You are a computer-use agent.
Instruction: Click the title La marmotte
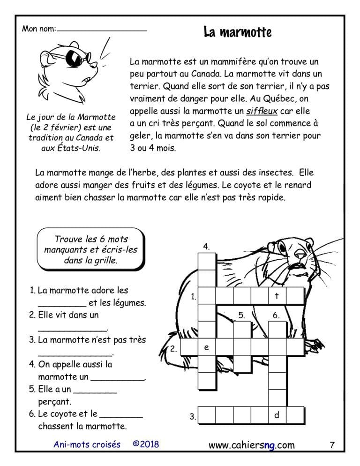[x=238, y=32]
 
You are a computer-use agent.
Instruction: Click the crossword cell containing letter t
[x=277, y=296]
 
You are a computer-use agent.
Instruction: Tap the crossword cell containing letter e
[x=206, y=347]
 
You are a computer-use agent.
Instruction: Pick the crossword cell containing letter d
[x=277, y=415]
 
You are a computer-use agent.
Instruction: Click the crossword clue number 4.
[x=206, y=246]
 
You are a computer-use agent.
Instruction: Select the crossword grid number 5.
[x=241, y=315]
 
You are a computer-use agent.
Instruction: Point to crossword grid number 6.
[x=276, y=315]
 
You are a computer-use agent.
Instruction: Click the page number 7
[x=332, y=445]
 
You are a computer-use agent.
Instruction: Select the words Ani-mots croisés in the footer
[x=87, y=444]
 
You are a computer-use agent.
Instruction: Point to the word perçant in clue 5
[x=55, y=401]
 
